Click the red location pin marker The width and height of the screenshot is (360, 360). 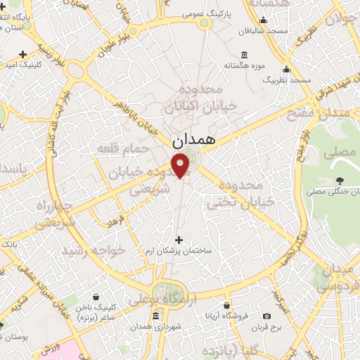coord(181,165)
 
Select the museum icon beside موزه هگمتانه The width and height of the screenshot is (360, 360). coord(243,55)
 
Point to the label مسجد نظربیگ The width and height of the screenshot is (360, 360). coord(286,81)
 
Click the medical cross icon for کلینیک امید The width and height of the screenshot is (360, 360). coord(22,53)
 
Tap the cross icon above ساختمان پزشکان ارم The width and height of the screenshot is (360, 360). coord(179,239)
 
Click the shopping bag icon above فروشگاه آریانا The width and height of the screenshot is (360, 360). coord(227,305)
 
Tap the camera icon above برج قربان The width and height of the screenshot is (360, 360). coord(266,316)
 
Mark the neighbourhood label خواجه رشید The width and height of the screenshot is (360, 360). coord(93,250)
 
